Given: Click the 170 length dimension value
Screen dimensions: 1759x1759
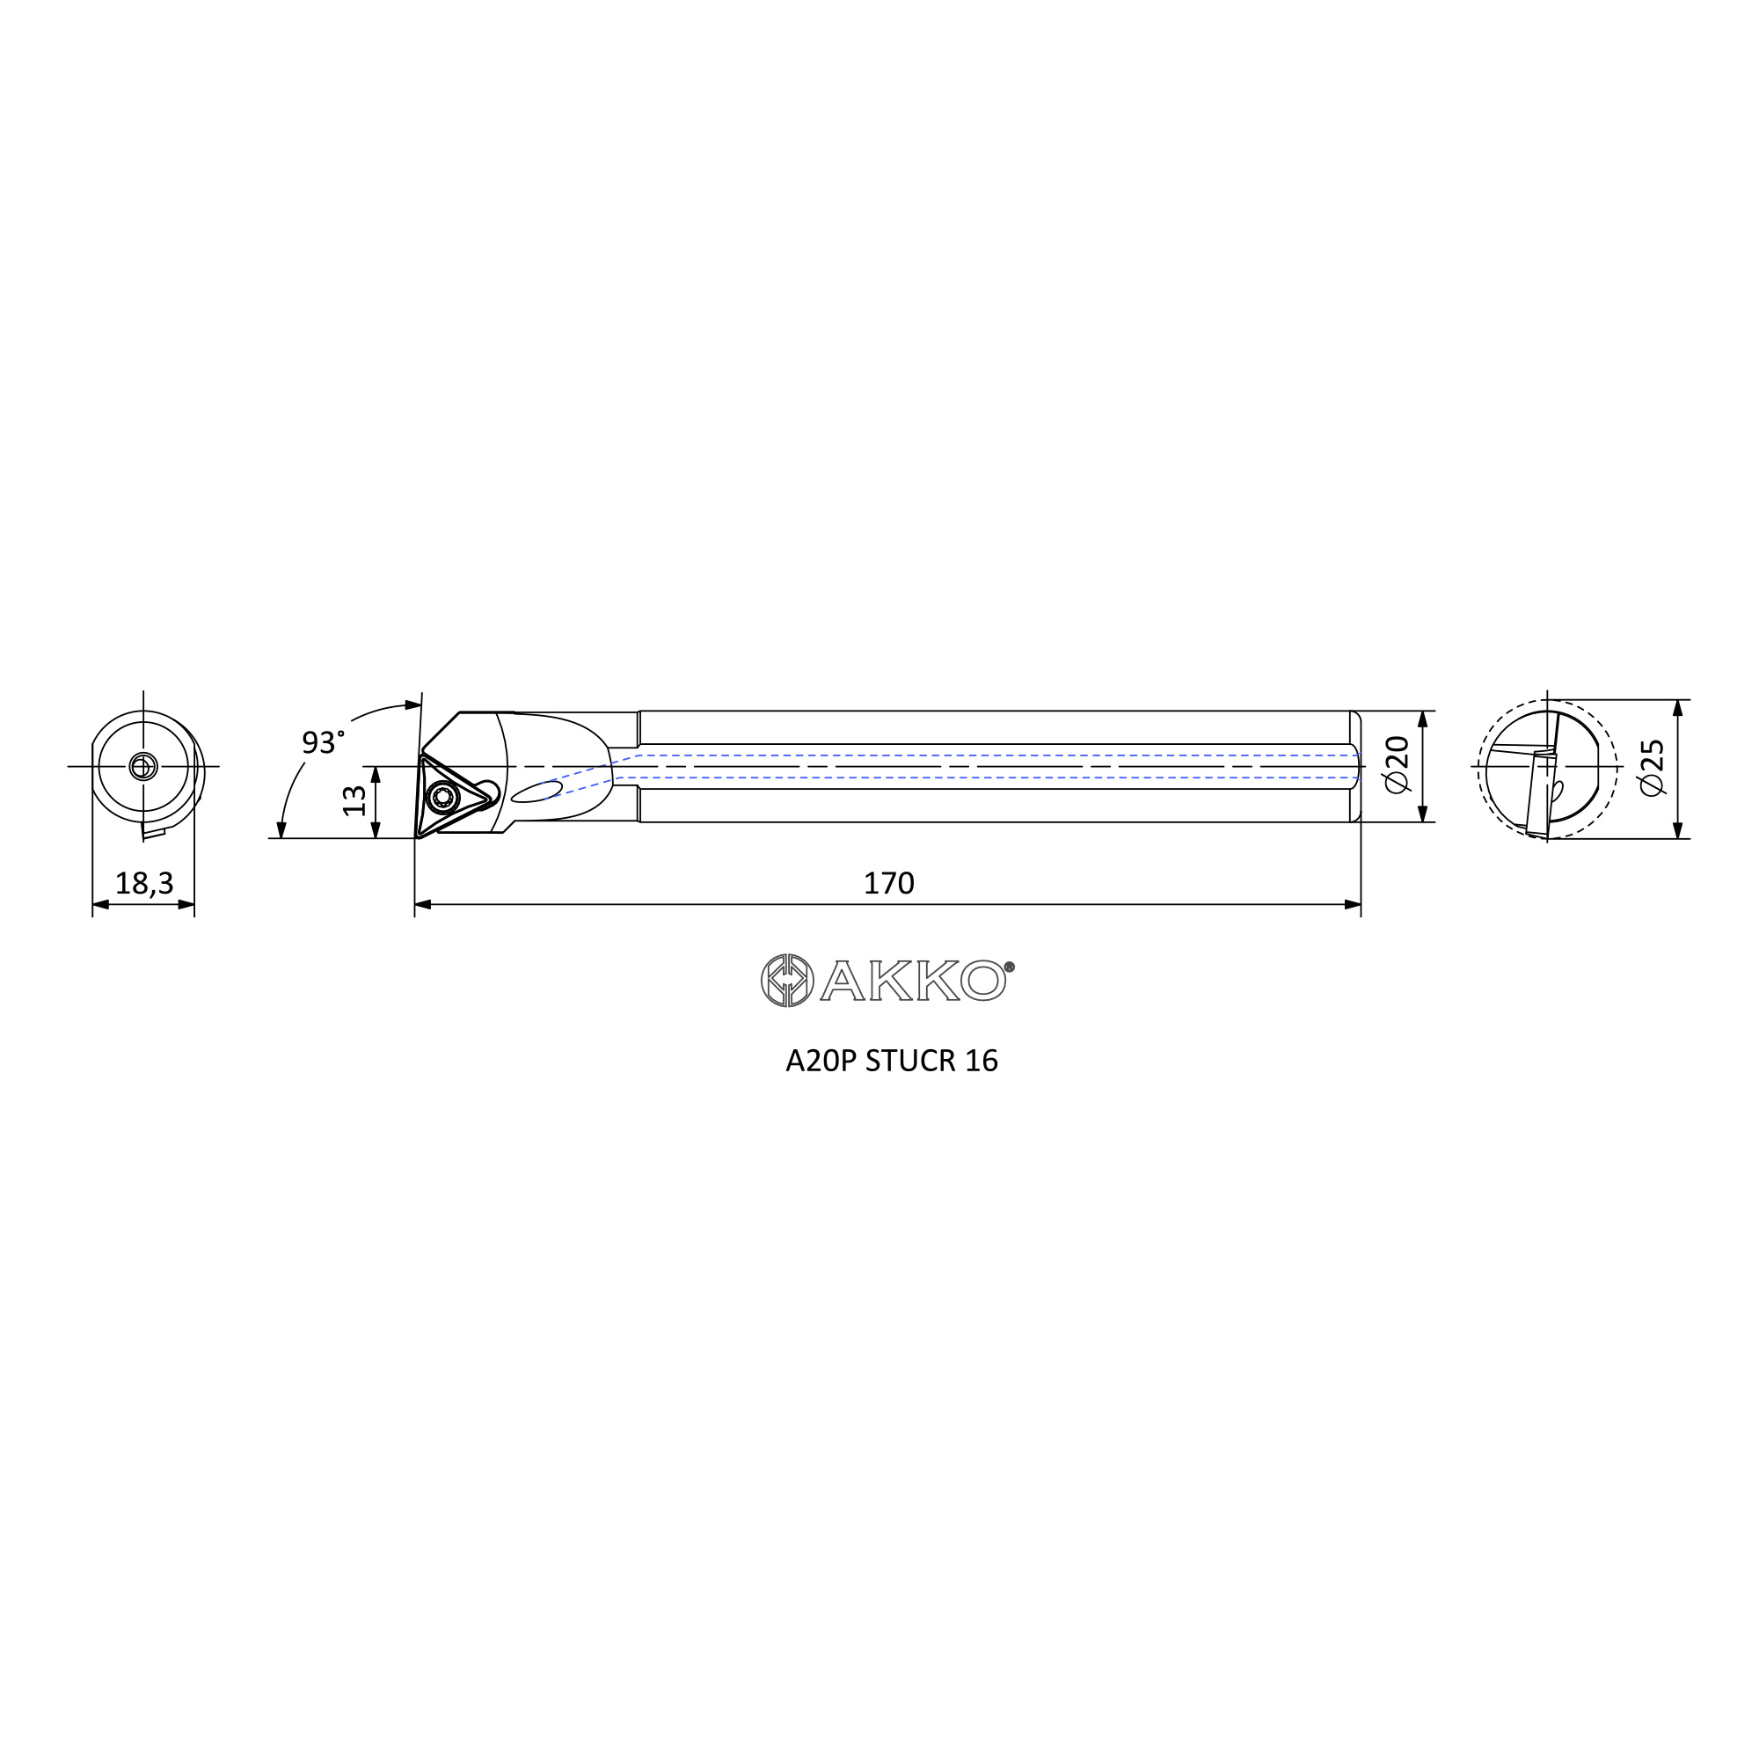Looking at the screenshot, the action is click(x=888, y=883).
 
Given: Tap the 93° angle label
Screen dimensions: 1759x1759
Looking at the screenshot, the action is click(x=323, y=742).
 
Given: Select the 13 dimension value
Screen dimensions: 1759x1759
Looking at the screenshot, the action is click(x=354, y=801).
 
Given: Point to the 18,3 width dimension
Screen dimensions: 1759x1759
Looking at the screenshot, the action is click(x=144, y=883).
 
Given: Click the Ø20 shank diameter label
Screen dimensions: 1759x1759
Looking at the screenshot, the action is click(x=1397, y=765).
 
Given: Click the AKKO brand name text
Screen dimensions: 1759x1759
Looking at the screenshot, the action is click(x=914, y=981).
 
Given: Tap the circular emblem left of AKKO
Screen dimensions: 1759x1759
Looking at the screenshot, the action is click(x=786, y=981).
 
